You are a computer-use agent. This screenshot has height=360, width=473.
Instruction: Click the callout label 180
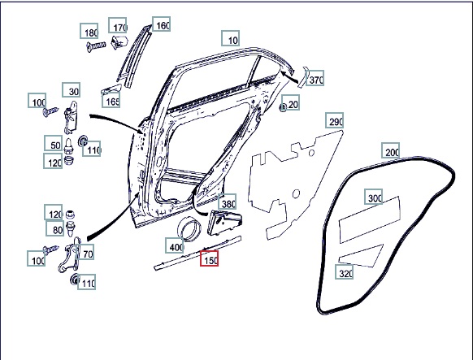(89, 31)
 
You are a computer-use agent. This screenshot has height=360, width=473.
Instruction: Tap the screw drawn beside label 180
(96, 46)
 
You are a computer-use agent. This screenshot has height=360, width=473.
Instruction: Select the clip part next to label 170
(119, 41)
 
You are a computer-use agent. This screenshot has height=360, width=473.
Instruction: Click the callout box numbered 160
(161, 24)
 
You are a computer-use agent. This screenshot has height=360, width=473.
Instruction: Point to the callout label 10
(231, 38)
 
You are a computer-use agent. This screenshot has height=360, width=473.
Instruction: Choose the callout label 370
(315, 78)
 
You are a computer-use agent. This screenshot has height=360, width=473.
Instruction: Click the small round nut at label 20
(283, 107)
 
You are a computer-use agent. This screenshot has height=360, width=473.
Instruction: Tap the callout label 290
(334, 120)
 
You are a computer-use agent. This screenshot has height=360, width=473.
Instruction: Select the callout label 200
(391, 150)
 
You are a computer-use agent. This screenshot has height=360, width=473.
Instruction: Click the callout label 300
(374, 197)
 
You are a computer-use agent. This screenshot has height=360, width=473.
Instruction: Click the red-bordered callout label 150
(210, 258)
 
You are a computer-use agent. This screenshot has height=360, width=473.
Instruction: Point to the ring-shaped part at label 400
(189, 229)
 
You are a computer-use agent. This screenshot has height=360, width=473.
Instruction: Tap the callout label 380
(227, 202)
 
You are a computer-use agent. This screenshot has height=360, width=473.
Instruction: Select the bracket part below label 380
(224, 223)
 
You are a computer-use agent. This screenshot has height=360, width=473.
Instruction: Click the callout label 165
(111, 100)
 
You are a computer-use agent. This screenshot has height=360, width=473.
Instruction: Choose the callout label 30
(72, 90)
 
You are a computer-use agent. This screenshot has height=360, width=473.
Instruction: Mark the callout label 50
(54, 143)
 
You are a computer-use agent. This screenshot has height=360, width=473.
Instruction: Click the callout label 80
(55, 228)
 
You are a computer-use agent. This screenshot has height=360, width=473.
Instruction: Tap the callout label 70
(85, 252)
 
